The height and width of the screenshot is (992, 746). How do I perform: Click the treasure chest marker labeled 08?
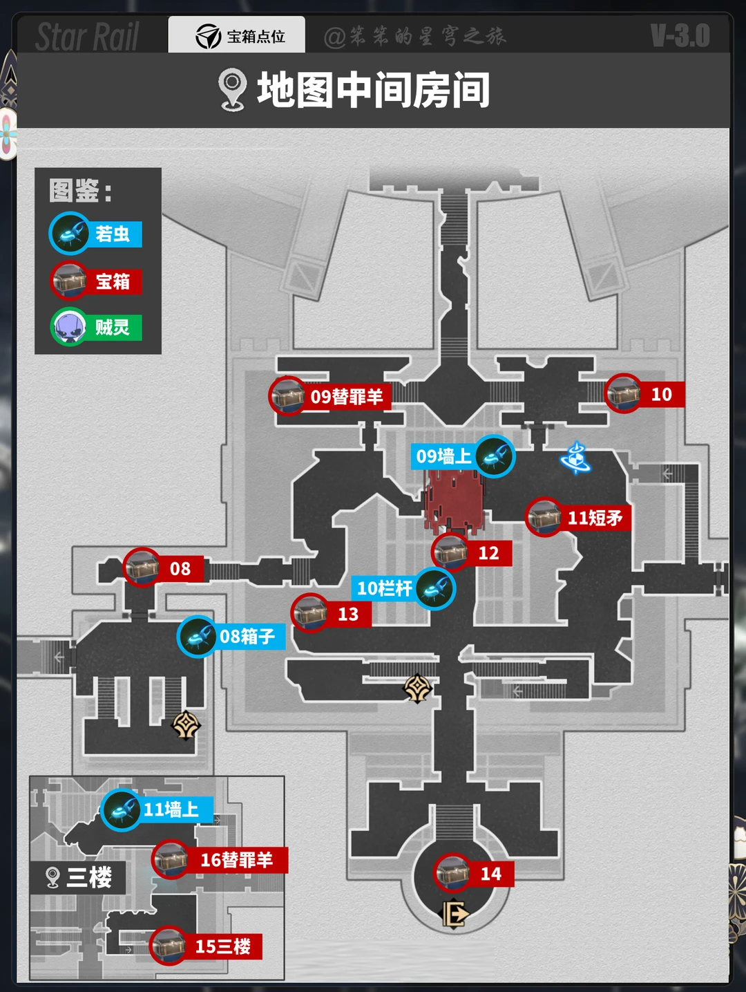142,568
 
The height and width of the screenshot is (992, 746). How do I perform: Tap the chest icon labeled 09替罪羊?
287,396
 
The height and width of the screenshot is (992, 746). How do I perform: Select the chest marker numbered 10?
624,393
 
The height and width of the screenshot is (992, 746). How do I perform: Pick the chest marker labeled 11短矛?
544,517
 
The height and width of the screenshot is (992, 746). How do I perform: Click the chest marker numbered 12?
450,552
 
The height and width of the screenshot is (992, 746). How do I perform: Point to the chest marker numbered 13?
309,613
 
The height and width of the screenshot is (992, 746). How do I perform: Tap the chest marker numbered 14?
453,873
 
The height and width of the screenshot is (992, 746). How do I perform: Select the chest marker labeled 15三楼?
169,946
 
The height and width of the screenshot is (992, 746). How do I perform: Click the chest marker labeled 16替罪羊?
171,859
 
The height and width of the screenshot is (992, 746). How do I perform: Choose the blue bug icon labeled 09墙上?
495,456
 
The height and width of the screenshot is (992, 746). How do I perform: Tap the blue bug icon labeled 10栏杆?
435,589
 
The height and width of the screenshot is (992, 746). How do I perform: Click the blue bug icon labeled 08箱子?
198,636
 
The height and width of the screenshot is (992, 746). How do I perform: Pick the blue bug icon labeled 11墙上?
121,809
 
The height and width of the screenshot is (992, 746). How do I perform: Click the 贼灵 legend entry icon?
69,326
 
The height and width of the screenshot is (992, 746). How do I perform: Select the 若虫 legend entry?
96,234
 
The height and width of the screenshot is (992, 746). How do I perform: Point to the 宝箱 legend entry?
96,281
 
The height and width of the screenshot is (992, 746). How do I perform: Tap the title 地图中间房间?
373,90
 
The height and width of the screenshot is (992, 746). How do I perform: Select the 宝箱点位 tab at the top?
237,36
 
